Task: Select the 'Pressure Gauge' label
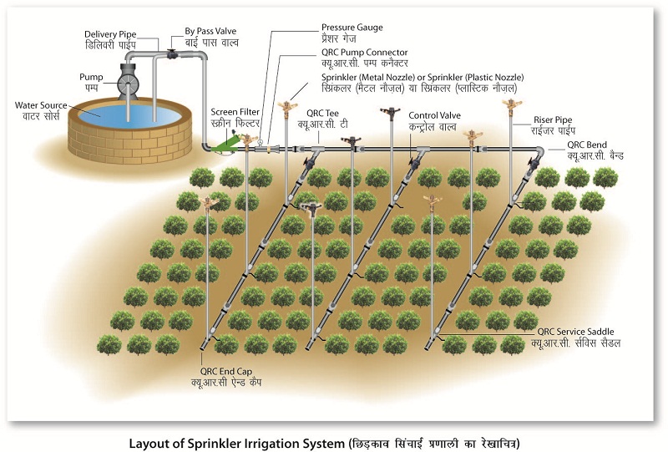(352, 27)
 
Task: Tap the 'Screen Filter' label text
(236, 112)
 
